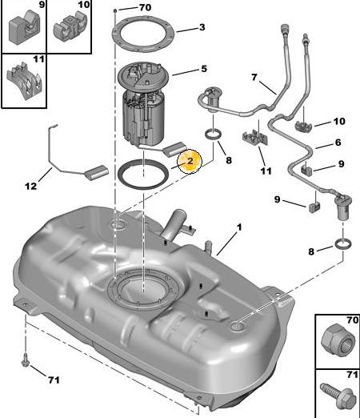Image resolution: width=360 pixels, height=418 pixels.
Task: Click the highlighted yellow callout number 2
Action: pyautogui.click(x=190, y=161)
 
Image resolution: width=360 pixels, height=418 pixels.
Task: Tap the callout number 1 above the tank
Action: pyautogui.click(x=239, y=227)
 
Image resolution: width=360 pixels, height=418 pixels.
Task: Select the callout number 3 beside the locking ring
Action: pyautogui.click(x=202, y=27)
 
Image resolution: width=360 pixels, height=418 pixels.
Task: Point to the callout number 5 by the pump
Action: pyautogui.click(x=204, y=69)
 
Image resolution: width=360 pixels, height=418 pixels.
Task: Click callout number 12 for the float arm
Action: pyautogui.click(x=30, y=186)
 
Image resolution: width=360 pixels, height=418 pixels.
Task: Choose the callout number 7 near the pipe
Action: pyautogui.click(x=254, y=77)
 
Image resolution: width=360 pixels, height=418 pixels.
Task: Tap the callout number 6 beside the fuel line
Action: pyautogui.click(x=338, y=143)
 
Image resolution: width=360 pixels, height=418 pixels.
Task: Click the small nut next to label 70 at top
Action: pyautogui.click(x=115, y=10)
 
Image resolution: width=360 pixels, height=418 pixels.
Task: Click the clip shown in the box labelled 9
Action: pyautogui.click(x=24, y=27)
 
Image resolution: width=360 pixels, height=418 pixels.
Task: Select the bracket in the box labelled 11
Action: pyautogui.click(x=24, y=81)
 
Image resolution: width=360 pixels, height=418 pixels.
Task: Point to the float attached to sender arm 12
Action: pyautogui.click(x=97, y=173)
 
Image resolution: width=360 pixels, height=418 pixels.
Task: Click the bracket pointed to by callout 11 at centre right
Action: pyautogui.click(x=255, y=138)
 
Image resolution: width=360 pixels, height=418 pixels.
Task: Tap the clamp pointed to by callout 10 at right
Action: pyautogui.click(x=303, y=127)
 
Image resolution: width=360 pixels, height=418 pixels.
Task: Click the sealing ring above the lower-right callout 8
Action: pyautogui.click(x=343, y=244)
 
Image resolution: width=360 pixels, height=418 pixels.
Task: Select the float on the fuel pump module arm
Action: pyautogui.click(x=175, y=148)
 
